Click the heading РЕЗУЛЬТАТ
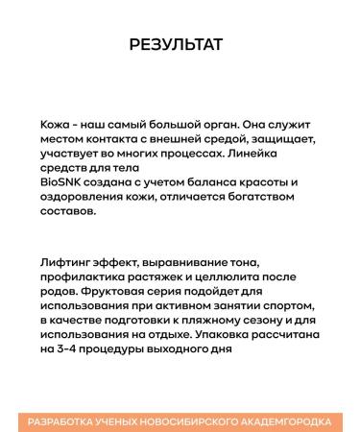[180, 45]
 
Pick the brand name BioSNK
[60, 182]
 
